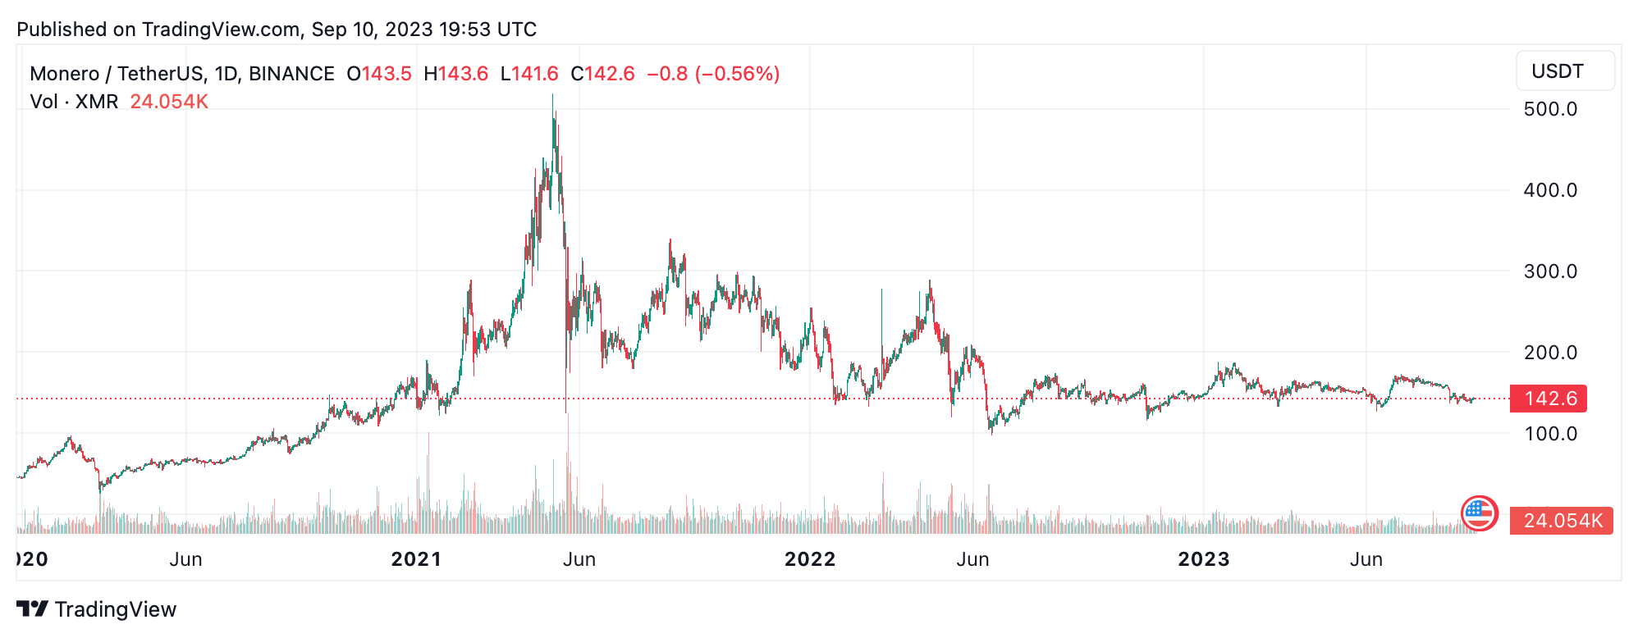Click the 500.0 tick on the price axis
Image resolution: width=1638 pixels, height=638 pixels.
[1549, 109]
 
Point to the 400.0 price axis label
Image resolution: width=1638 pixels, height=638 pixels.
[1549, 190]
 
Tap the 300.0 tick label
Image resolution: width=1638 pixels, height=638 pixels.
[1549, 271]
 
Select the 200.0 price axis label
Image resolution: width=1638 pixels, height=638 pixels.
[1549, 353]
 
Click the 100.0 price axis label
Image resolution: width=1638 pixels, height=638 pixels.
[1549, 434]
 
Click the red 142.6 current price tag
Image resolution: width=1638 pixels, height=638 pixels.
[1549, 399]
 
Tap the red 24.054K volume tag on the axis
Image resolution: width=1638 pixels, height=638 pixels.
[1561, 521]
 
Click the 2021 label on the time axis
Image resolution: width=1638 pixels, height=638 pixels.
[416, 559]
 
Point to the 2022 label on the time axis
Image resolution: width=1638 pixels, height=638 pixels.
[809, 559]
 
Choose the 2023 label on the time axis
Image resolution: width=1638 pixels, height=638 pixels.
[1203, 559]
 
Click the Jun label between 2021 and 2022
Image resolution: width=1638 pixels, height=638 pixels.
[579, 559]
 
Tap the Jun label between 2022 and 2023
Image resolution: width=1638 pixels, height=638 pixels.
[972, 559]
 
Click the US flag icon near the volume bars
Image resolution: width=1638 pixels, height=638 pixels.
[1479, 514]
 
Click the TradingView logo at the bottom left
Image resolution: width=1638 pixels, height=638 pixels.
[97, 609]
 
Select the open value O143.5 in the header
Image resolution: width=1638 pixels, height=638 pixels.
[379, 74]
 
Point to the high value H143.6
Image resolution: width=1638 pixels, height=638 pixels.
[455, 74]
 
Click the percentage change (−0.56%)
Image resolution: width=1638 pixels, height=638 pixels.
[737, 74]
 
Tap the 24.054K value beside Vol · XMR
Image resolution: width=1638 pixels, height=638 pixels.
[169, 102]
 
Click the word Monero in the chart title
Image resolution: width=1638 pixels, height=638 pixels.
[64, 74]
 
